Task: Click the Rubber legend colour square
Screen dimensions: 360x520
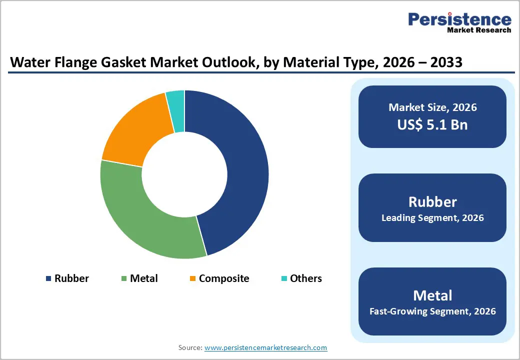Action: pos(48,278)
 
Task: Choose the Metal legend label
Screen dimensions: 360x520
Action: pos(143,278)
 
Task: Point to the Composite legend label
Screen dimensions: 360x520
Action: pos(223,278)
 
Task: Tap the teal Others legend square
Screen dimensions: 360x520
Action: pos(284,278)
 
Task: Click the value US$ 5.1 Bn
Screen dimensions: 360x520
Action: pos(432,124)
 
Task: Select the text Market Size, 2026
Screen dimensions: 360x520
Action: pos(432,107)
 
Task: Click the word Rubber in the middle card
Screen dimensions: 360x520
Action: pos(432,201)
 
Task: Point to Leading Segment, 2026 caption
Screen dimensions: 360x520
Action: pos(432,218)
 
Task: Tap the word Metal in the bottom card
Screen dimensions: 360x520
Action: pos(432,295)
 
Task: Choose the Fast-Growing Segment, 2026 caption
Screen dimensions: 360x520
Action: pos(432,311)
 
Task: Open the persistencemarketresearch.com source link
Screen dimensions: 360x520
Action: pos(265,347)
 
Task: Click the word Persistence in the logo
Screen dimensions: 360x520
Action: pos(460,19)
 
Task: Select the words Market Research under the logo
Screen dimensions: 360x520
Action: pos(479,30)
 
